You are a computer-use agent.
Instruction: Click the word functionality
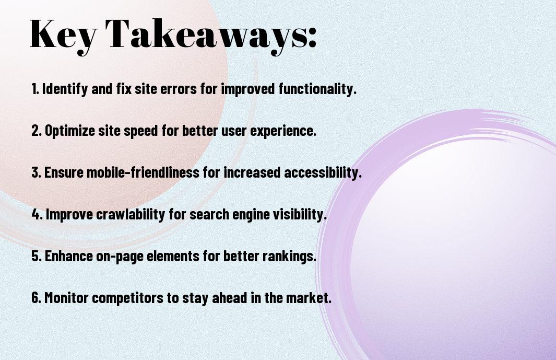[x=317, y=89]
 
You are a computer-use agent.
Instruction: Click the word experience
[x=283, y=131]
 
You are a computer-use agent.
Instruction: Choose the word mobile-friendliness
[x=143, y=172]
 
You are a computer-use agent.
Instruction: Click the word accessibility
[x=323, y=172]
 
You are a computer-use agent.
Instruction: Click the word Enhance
[x=69, y=256]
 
